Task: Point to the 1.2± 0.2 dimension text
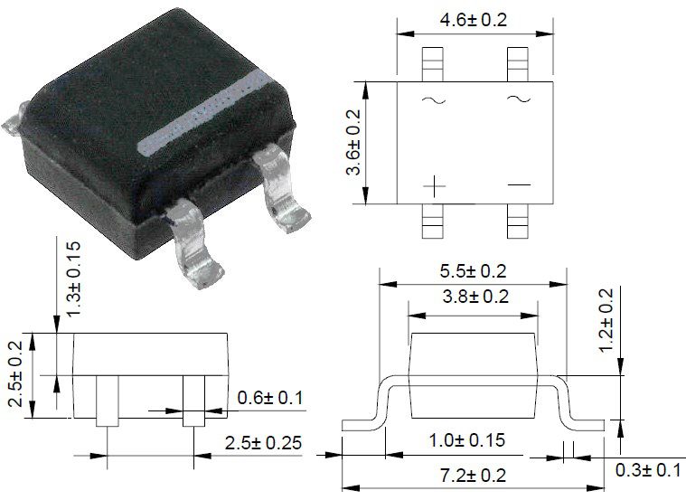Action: click(x=606, y=319)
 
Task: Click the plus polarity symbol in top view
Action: click(x=435, y=186)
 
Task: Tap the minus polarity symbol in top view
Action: click(x=519, y=185)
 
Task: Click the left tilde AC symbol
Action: click(x=433, y=101)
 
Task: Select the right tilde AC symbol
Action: click(x=519, y=99)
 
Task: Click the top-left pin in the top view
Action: click(x=433, y=64)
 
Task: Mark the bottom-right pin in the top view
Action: click(x=518, y=221)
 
